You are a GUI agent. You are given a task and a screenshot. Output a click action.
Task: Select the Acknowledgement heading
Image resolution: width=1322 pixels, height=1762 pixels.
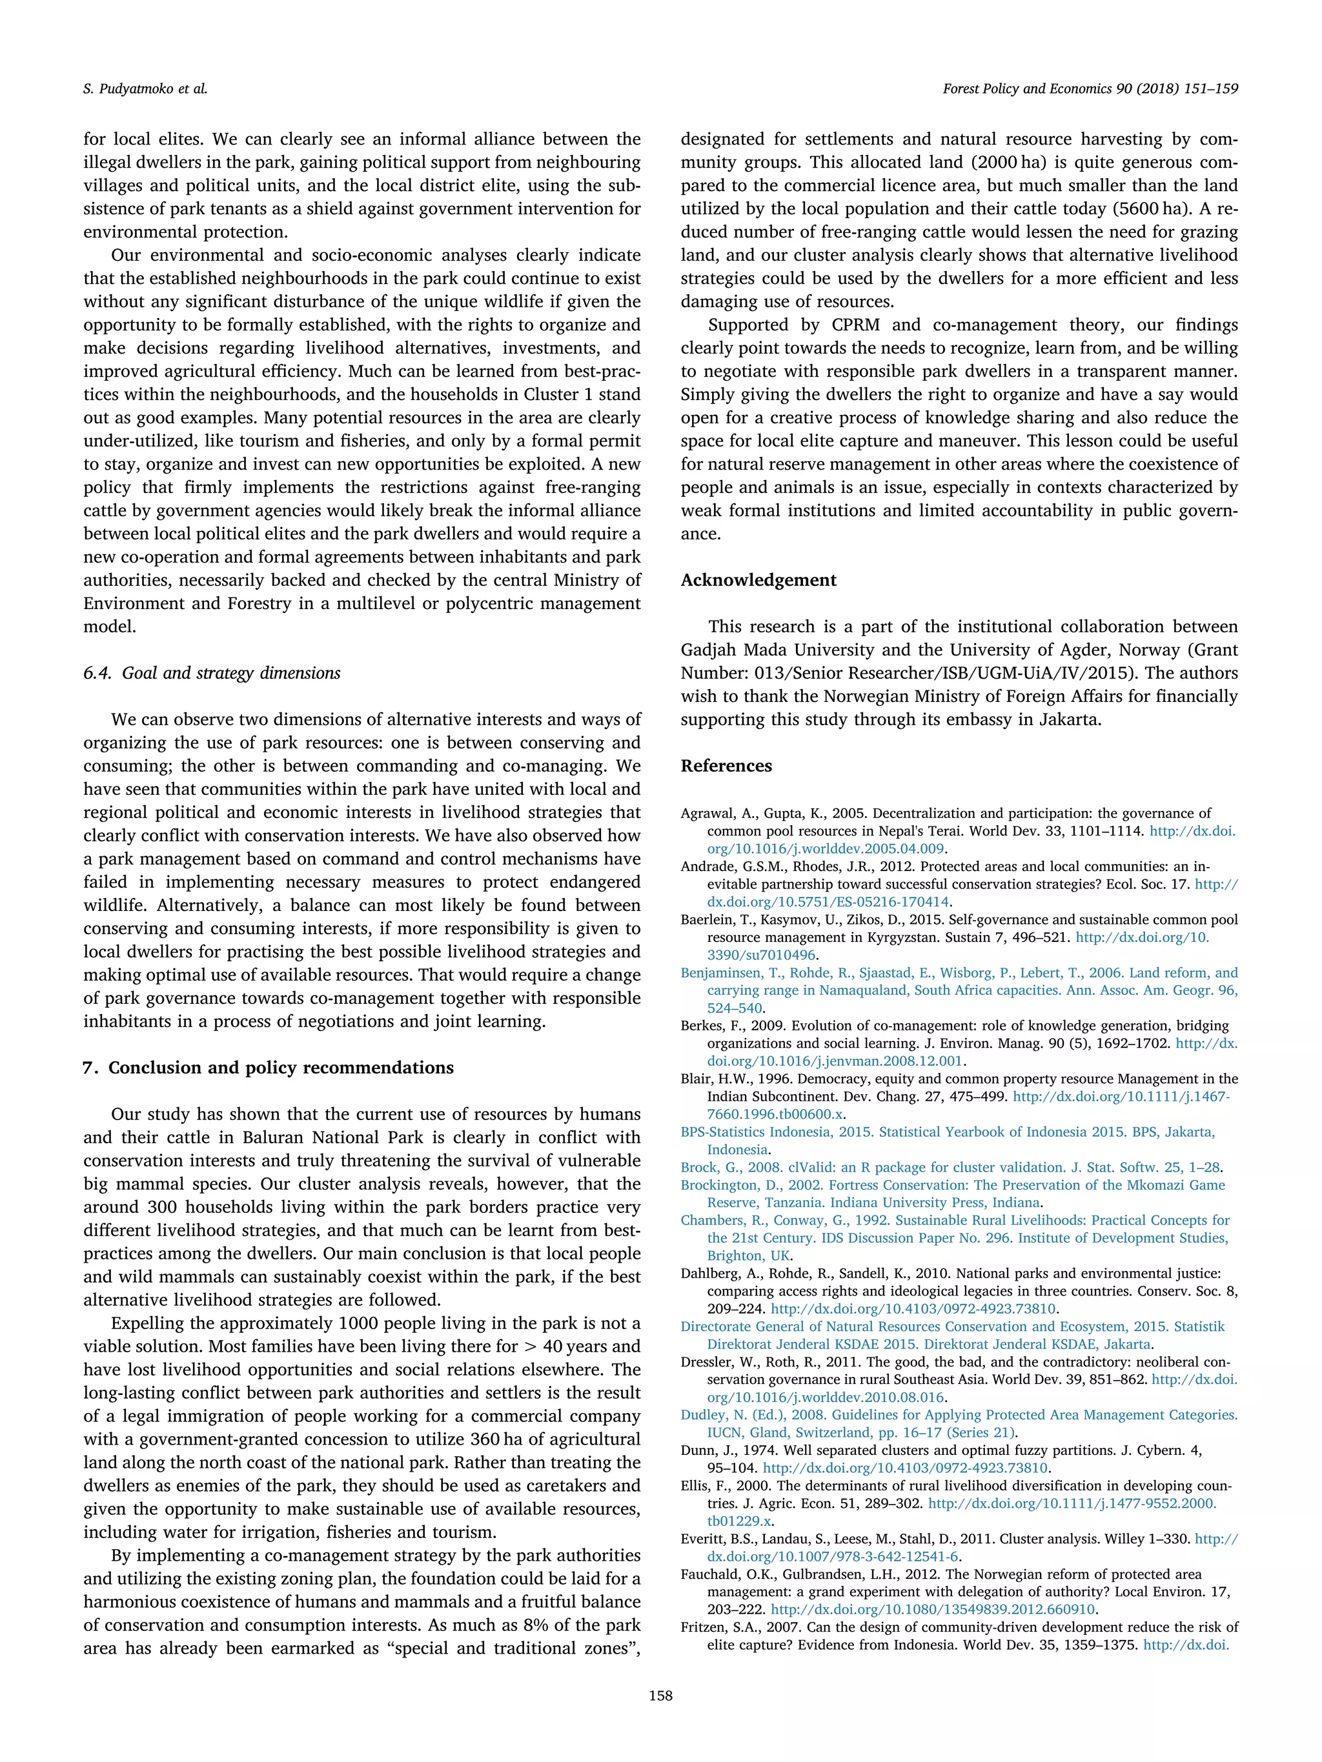click(x=758, y=580)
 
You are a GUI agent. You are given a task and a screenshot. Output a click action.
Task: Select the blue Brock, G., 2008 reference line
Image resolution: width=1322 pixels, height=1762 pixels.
click(x=951, y=1168)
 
